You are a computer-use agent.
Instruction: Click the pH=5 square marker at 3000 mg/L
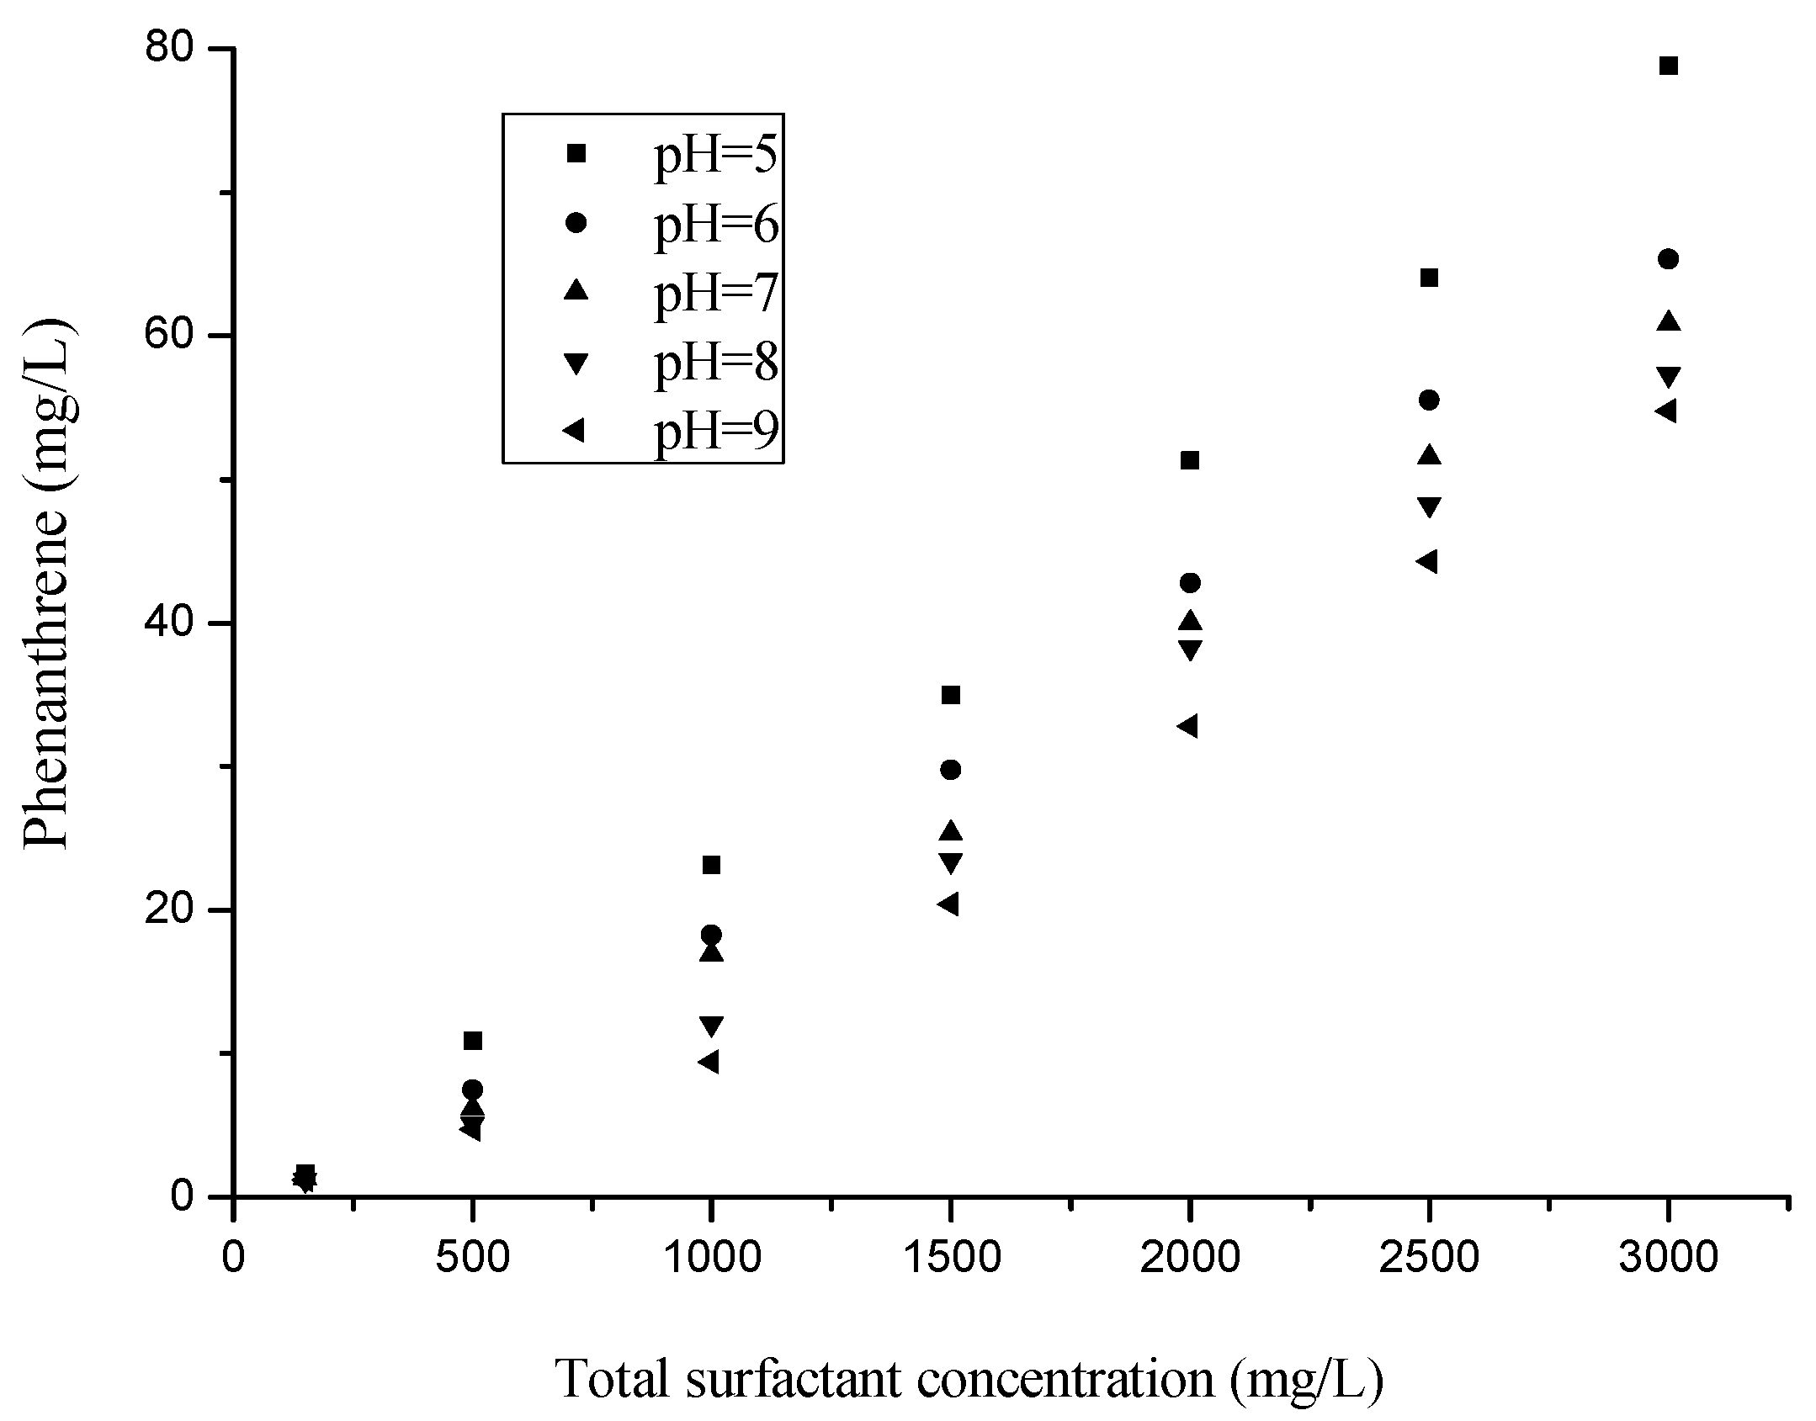pyautogui.click(x=1668, y=66)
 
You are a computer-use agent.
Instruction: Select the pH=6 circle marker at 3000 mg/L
pyautogui.click(x=1668, y=259)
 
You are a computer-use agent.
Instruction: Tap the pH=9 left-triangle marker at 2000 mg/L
pyautogui.click(x=1187, y=726)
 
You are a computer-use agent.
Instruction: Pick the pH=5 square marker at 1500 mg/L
pyautogui.click(x=950, y=695)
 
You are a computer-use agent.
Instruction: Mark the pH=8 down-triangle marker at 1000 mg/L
pyautogui.click(x=712, y=1026)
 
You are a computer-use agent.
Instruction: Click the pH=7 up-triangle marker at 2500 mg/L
pyautogui.click(x=1429, y=455)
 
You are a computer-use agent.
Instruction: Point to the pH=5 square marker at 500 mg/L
pyautogui.click(x=473, y=1042)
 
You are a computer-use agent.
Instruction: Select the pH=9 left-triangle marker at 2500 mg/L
pyautogui.click(x=1426, y=561)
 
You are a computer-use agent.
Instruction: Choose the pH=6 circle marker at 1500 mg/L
pyautogui.click(x=950, y=770)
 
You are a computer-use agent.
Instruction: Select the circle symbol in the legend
pyautogui.click(x=576, y=223)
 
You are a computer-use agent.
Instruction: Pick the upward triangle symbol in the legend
pyautogui.click(x=576, y=290)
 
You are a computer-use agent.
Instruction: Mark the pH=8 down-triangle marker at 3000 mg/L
pyautogui.click(x=1668, y=376)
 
